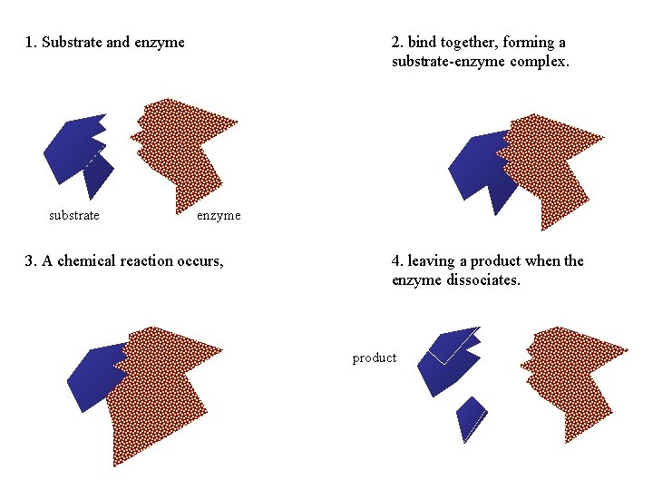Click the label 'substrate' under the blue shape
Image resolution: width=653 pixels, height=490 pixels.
[73, 215]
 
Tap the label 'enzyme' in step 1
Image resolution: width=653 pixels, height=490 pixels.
[219, 215]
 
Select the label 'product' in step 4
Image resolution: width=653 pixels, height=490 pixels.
[375, 358]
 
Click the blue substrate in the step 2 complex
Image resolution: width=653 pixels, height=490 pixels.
[476, 168]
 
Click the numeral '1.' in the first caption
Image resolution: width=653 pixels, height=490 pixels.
[32, 42]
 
